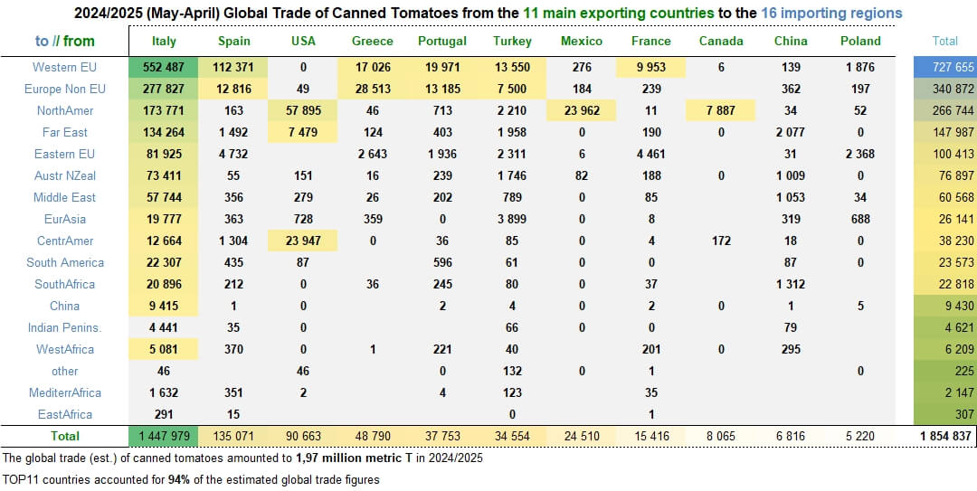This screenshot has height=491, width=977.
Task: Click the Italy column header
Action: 164,41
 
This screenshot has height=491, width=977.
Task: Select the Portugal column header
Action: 442,41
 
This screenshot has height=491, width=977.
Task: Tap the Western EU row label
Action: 64,67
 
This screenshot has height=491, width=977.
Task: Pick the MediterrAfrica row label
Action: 64,392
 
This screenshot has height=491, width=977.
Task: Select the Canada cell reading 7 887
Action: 721,110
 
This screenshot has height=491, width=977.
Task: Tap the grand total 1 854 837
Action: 944,435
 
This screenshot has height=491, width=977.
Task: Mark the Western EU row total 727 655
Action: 944,67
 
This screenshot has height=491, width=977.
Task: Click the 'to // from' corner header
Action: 64,41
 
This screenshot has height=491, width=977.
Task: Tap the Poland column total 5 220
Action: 860,435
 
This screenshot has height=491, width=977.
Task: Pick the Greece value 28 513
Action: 373,89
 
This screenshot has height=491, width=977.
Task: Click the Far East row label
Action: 64,132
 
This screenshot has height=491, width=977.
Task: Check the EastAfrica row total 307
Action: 944,414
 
